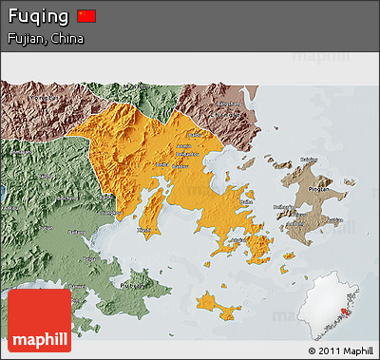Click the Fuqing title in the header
pos(36,16)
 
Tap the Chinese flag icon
pos(86,15)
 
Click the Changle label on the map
pos(228,103)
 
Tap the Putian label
pos(133,284)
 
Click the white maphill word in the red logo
pos(38,339)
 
